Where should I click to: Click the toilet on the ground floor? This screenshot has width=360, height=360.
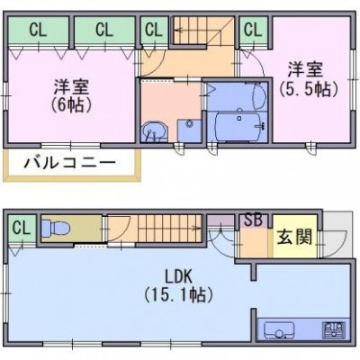(x=55, y=228)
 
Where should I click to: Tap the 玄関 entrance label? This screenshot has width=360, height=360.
(x=294, y=237)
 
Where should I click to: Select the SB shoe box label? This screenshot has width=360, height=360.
(x=253, y=220)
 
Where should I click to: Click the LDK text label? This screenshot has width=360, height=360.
(x=179, y=276)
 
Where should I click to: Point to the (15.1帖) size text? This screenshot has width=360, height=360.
(x=179, y=295)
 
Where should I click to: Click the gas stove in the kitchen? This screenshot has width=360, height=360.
(x=334, y=330)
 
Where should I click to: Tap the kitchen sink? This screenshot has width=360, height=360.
(x=279, y=330)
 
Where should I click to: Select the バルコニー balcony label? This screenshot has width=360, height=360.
(x=69, y=163)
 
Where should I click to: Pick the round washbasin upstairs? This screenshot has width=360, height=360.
(x=154, y=132)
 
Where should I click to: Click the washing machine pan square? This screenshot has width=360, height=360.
(x=189, y=130)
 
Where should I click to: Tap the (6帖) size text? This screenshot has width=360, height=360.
(x=71, y=104)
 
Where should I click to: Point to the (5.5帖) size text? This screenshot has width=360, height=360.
(x=309, y=89)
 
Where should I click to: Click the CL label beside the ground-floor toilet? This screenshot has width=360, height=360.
(x=22, y=229)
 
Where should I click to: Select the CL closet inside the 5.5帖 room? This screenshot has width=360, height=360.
(x=254, y=31)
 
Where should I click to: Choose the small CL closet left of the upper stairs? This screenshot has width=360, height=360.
(x=154, y=31)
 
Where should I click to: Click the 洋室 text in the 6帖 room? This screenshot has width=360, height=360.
(x=71, y=87)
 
